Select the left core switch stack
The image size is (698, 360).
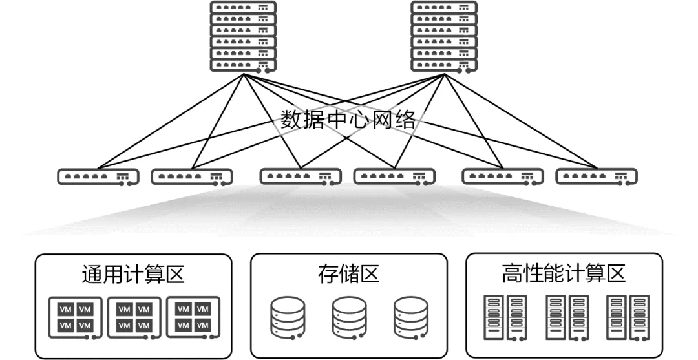[x=243, y=36]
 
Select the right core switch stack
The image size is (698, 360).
[x=443, y=36]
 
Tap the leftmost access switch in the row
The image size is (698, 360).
[x=98, y=176]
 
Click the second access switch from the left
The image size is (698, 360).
[x=191, y=176]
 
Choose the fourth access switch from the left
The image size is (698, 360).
[x=394, y=176]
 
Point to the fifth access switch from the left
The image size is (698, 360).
[x=502, y=176]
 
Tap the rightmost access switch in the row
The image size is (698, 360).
[x=596, y=176]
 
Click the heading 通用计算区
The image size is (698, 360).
[x=133, y=274]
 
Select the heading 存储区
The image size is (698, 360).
[x=348, y=274]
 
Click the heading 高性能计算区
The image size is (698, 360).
[x=564, y=274]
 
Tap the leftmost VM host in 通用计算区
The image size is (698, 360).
[x=75, y=318]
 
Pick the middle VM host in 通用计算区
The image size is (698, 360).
[x=134, y=318]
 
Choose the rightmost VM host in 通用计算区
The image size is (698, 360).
[x=193, y=318]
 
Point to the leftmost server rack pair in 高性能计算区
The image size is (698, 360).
[x=505, y=317]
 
